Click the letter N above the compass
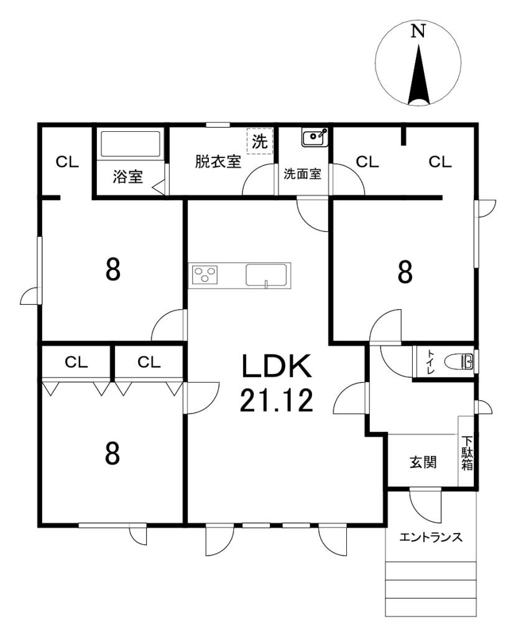pos(419,32)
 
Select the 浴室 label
pos(128,177)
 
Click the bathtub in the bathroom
pos(131,144)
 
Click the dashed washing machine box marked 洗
pos(259,141)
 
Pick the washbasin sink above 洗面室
pos(314,137)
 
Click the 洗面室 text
pos(303,174)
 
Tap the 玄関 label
pos(422,462)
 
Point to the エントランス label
pos(431,537)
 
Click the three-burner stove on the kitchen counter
pos(205,274)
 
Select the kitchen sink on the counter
pos(267,274)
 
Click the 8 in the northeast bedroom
pos(405,272)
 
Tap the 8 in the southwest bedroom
pos(112,453)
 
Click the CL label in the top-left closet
pos(68,162)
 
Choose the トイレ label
pos(430,361)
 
